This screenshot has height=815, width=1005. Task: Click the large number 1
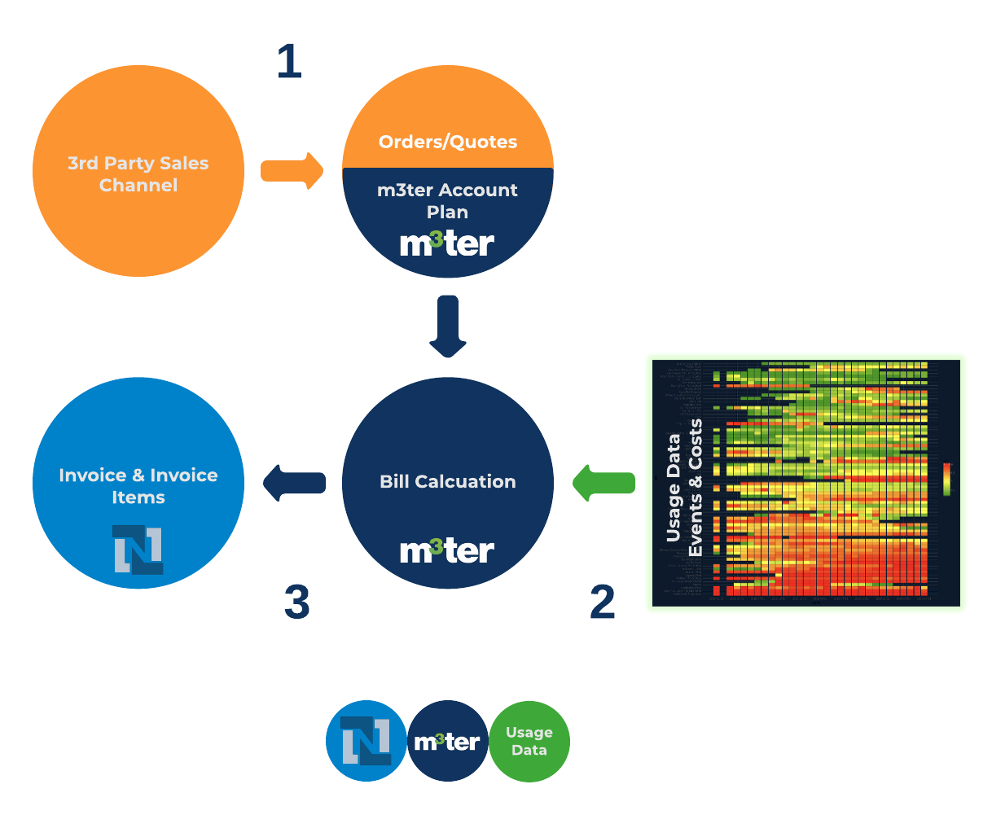tap(289, 62)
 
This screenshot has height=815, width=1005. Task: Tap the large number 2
tap(602, 602)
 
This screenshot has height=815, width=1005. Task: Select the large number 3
tap(296, 602)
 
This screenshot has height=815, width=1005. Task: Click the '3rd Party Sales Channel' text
tap(138, 174)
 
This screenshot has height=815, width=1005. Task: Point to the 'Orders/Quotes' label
tap(448, 142)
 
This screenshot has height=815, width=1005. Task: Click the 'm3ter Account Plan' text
tap(448, 200)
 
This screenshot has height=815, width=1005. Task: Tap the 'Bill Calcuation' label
tap(448, 481)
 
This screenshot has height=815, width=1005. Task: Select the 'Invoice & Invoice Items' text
tap(138, 486)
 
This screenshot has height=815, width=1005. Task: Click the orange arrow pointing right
tap(292, 171)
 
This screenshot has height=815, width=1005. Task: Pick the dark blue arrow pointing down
tap(448, 326)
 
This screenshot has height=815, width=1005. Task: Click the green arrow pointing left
tap(603, 483)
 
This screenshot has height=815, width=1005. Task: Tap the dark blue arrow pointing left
tap(294, 483)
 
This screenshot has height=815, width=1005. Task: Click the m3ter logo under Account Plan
tap(447, 243)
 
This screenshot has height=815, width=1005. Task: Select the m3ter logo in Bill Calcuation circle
tap(447, 550)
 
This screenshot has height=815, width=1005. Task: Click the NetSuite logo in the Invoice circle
tap(138, 549)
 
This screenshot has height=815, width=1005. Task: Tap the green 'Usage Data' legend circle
tap(529, 742)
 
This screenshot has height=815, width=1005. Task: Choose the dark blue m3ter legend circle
tap(447, 742)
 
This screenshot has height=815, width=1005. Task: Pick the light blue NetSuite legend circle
tap(366, 741)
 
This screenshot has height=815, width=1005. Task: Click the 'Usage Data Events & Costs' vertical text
tap(683, 488)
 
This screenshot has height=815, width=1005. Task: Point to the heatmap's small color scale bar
tap(946, 479)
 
